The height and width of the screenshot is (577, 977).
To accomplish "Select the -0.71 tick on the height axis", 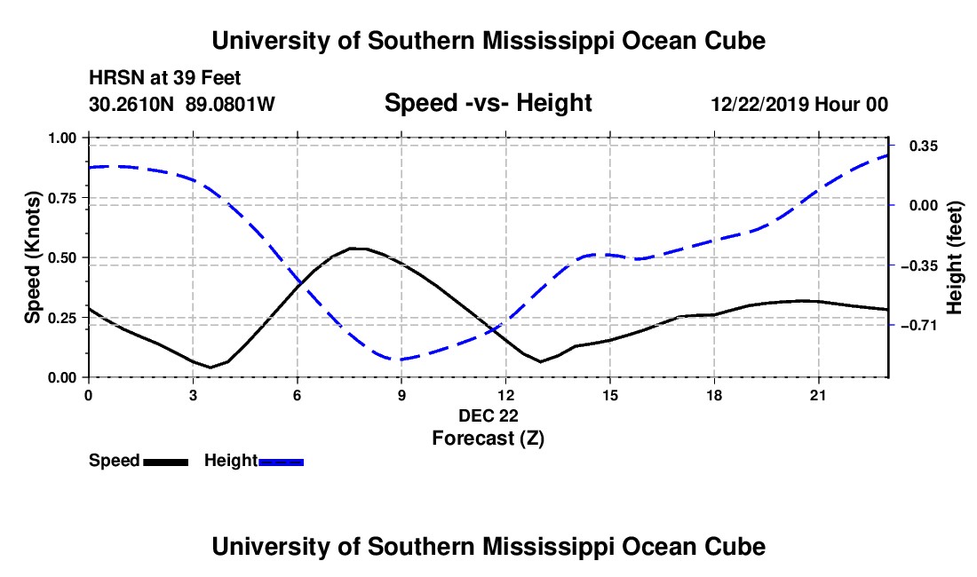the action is pos(924,325).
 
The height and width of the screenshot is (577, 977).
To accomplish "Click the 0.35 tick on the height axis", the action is pos(924,146).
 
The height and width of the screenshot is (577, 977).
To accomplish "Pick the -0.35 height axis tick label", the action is pos(924,265).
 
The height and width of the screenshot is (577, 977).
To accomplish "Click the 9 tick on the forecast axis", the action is pos(401,395).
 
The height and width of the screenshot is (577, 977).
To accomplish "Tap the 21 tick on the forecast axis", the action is pos(817,395).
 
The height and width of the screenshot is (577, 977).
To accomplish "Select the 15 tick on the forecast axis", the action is pos(610,395).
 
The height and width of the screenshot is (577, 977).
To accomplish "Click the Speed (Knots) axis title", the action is pos(32,257).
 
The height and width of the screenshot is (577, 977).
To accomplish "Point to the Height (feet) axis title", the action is pos(954,257).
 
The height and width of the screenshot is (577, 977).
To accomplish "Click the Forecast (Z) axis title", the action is pos(488,439).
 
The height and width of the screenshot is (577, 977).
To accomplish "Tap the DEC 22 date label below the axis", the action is pos(488,415).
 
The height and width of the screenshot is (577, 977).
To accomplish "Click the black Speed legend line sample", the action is pos(166,462).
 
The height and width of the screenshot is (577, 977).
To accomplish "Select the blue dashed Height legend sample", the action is pos(281,462).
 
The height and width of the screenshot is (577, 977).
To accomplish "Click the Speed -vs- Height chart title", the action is pos(488,103).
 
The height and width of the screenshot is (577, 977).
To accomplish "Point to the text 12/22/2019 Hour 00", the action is pos(800,104).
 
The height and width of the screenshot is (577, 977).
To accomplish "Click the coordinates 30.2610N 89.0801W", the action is pos(182,104).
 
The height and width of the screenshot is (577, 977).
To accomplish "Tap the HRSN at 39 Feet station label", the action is pos(165,78).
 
